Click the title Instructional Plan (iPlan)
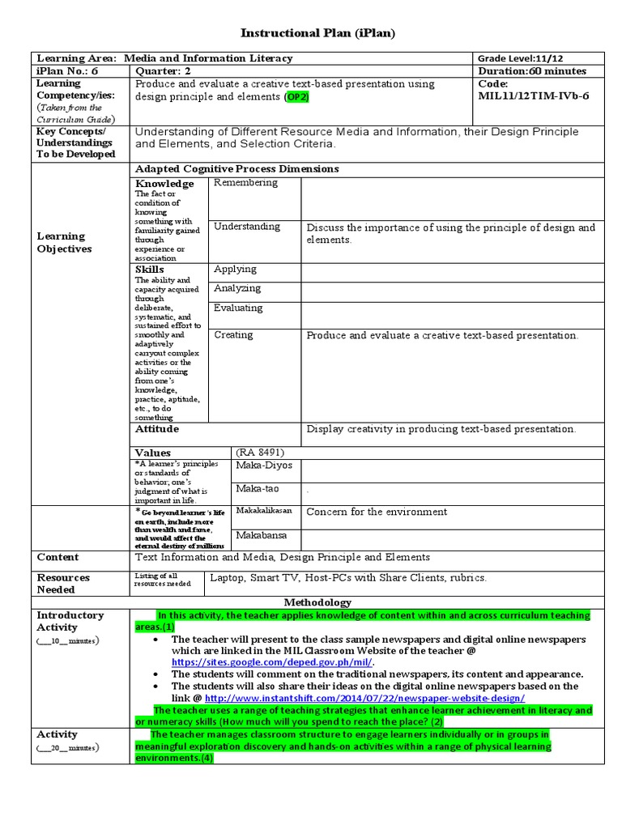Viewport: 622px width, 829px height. [x=317, y=32]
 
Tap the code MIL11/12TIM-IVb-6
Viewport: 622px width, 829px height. [x=534, y=96]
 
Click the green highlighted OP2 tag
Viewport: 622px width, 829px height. [x=296, y=96]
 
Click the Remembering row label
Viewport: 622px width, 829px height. [x=245, y=183]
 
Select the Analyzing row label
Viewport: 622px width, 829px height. [x=236, y=288]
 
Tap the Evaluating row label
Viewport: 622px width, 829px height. [x=238, y=308]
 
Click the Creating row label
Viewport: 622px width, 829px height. [x=233, y=334]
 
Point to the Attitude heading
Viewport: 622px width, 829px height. [x=157, y=429]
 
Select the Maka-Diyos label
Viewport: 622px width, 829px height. [x=264, y=466]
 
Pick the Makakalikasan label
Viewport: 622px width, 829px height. [x=264, y=511]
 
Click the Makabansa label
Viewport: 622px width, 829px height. [x=260, y=535]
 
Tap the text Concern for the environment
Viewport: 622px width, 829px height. [x=377, y=512]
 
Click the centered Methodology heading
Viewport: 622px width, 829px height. [x=317, y=602]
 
